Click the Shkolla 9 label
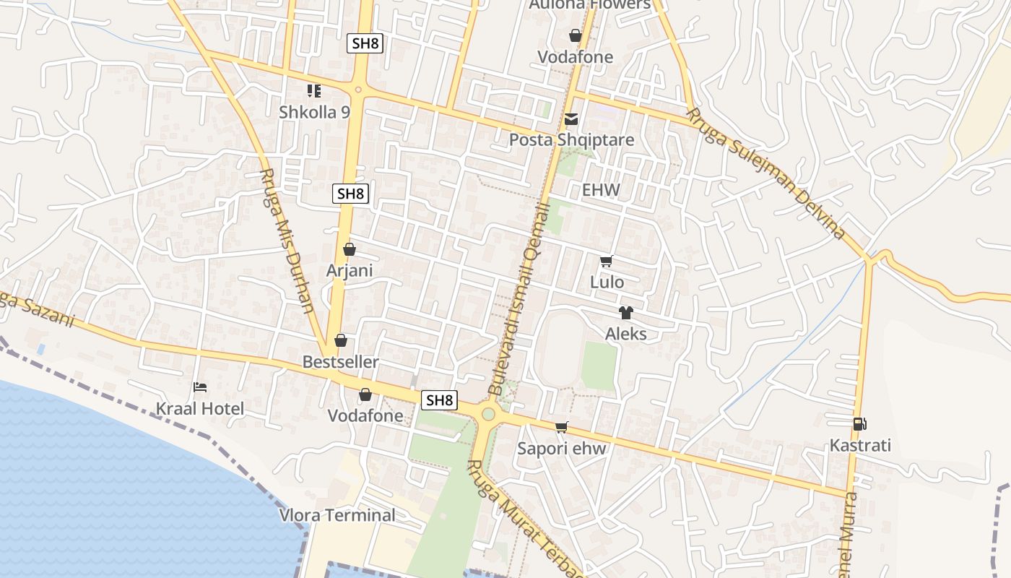[x=314, y=112]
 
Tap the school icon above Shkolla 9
[x=314, y=91]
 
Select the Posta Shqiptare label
[x=571, y=139]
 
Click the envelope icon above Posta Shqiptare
[x=571, y=119]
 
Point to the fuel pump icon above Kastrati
[x=859, y=424]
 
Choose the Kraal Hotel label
[x=200, y=408]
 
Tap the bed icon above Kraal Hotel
[x=200, y=388]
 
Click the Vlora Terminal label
[x=337, y=515]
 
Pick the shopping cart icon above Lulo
[x=607, y=262]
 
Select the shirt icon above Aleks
[x=625, y=313]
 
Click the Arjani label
[x=350, y=270]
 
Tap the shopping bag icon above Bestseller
[x=341, y=340]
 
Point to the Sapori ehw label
[x=562, y=448]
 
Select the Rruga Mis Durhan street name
[x=287, y=241]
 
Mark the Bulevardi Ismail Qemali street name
[x=521, y=299]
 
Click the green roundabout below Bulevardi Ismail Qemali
[x=488, y=414]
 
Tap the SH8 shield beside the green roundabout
[x=440, y=400]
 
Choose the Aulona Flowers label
[x=589, y=4]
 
